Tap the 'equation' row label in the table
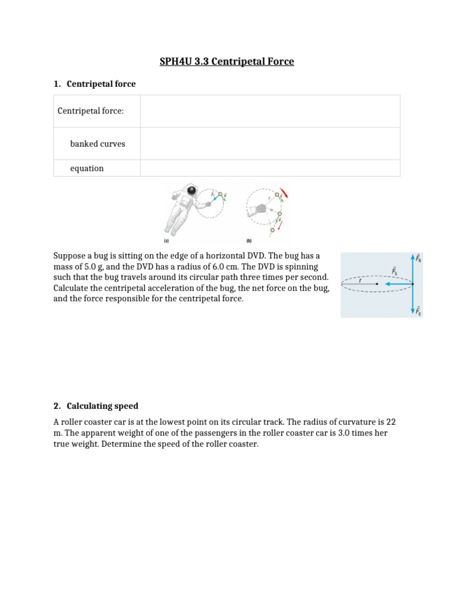tap(87, 168)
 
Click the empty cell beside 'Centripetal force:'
tap(270, 111)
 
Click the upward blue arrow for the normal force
tap(412, 269)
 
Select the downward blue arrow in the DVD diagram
tap(412, 300)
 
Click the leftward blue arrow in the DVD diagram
tap(397, 284)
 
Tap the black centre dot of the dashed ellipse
tap(377, 284)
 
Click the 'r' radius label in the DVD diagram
tap(359, 280)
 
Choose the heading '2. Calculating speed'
tap(96, 406)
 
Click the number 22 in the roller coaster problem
tap(391, 422)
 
